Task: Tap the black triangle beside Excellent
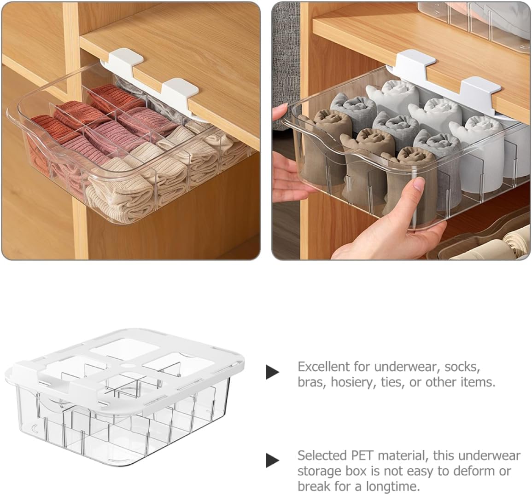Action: point(272,372)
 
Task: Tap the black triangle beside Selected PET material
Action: point(272,460)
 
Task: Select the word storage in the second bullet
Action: point(322,471)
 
